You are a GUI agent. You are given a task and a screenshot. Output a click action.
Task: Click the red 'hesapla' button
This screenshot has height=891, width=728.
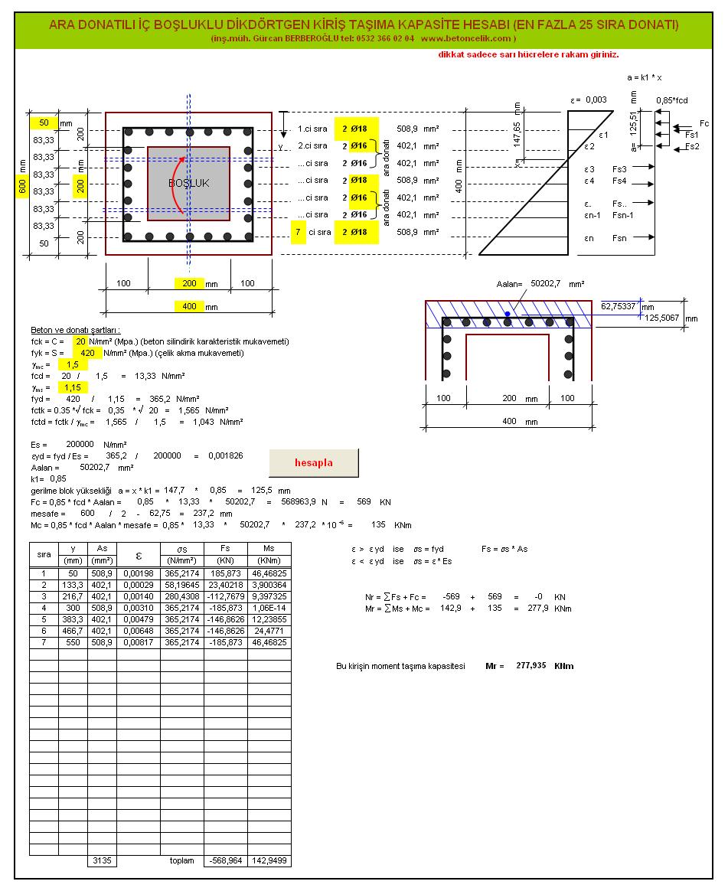pyautogui.click(x=313, y=463)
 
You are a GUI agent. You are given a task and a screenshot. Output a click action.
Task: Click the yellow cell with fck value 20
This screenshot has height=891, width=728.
pyautogui.click(x=80, y=341)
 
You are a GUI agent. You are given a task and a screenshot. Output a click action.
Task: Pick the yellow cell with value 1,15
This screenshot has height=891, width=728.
pyautogui.click(x=72, y=388)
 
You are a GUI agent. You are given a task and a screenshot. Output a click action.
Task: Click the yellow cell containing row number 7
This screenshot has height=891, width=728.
pyautogui.click(x=298, y=232)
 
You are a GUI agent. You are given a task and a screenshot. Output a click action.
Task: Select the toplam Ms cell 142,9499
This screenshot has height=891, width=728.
pyautogui.click(x=269, y=861)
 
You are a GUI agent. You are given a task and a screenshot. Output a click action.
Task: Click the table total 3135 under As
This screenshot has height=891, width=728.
pyautogui.click(x=102, y=861)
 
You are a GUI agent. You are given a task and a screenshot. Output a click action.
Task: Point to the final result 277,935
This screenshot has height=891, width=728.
pyautogui.click(x=531, y=666)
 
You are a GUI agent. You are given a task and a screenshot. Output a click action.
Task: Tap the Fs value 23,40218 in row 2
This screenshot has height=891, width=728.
pyautogui.click(x=225, y=584)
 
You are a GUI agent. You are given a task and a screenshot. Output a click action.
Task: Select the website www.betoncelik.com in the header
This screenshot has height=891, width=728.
pyautogui.click(x=465, y=38)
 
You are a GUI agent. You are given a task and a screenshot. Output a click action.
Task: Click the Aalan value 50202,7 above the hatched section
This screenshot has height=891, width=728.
pyautogui.click(x=547, y=284)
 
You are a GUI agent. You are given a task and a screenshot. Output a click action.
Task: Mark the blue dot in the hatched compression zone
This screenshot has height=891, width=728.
pyautogui.click(x=507, y=313)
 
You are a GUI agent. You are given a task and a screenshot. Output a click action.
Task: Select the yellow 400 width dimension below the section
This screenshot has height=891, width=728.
pyautogui.click(x=188, y=306)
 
